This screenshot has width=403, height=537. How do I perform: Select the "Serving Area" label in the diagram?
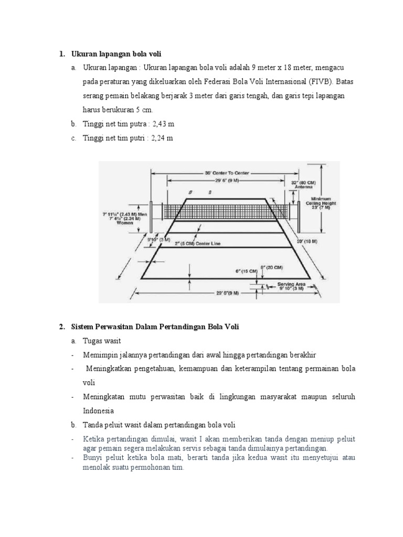pos(291,284)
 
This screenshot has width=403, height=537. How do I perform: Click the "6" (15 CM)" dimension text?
pos(246,271)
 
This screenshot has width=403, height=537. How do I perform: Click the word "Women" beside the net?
pos(125,222)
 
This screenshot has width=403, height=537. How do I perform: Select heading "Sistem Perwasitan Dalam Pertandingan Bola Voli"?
pos(155,327)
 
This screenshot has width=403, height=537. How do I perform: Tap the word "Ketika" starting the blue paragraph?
pos(93,438)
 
